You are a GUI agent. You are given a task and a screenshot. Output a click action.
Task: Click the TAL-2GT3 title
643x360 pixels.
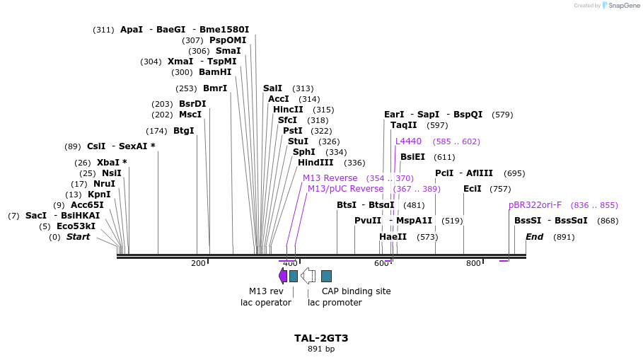(x=321, y=338)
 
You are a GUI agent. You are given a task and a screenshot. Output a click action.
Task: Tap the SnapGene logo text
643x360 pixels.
(x=624, y=6)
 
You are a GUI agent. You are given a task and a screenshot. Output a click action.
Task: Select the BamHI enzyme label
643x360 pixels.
(x=215, y=72)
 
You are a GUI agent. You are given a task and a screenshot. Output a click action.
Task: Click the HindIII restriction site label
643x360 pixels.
(x=315, y=163)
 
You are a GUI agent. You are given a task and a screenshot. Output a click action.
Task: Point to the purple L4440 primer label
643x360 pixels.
(x=408, y=141)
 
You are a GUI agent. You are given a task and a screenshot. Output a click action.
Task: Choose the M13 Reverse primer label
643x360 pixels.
(x=330, y=178)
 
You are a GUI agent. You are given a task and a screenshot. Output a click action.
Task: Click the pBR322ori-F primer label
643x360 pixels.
(x=535, y=205)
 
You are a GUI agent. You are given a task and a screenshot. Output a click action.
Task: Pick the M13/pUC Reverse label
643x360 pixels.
(x=345, y=189)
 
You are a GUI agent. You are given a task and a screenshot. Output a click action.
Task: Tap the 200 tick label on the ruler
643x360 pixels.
(x=198, y=264)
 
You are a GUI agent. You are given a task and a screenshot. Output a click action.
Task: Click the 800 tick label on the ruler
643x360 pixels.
(x=473, y=264)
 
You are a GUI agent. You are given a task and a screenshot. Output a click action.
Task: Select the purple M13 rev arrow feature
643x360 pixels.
(x=283, y=275)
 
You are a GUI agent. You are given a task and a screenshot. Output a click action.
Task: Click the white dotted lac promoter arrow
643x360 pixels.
(x=308, y=275)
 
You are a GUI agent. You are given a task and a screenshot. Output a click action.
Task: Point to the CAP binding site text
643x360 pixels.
(x=356, y=291)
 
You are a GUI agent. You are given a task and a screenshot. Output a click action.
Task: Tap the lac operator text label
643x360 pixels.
(x=266, y=303)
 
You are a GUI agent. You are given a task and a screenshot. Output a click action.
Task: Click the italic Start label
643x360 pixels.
(x=78, y=237)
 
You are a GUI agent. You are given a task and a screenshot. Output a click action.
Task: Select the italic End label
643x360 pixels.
(x=534, y=237)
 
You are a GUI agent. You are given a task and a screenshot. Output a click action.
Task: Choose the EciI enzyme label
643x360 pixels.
(x=472, y=189)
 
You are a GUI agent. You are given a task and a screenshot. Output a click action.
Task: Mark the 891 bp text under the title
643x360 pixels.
(x=321, y=349)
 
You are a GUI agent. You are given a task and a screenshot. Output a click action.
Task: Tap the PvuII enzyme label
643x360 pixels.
(x=368, y=221)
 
